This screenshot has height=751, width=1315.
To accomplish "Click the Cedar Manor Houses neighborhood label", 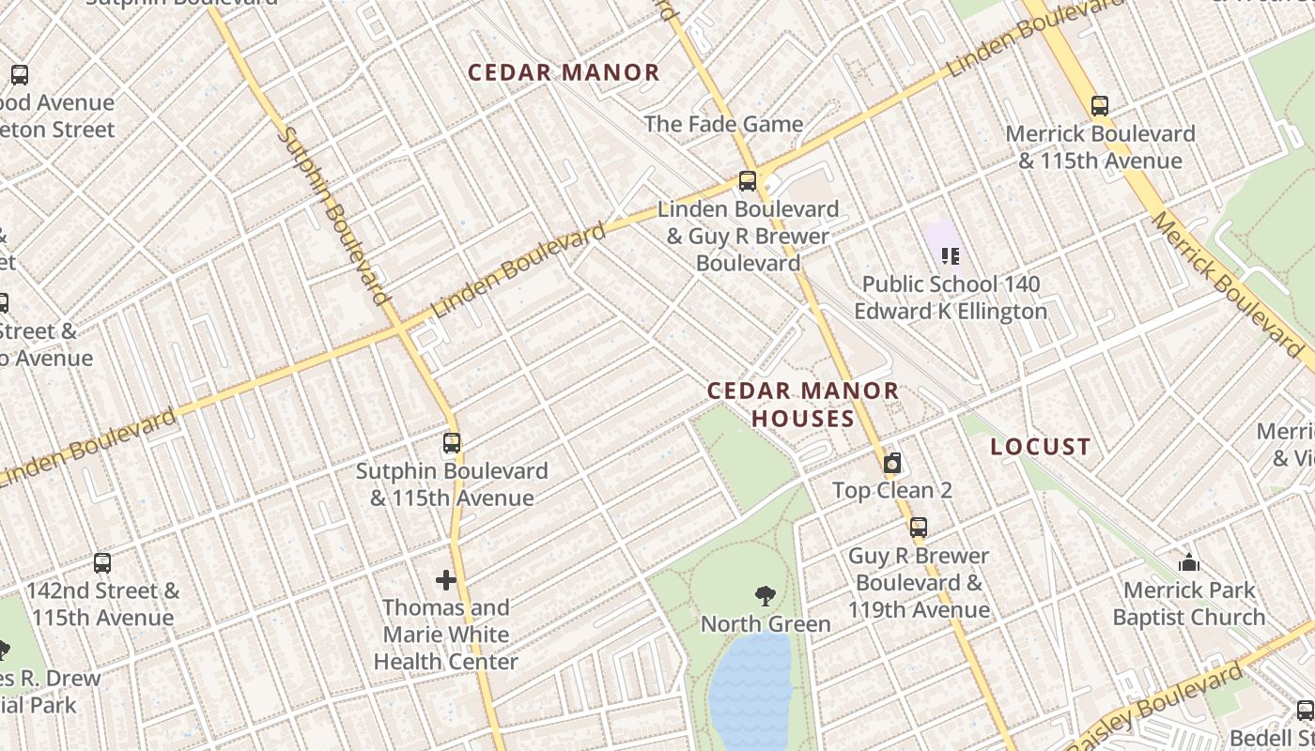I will [803, 405].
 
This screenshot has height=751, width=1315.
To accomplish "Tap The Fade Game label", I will [723, 124].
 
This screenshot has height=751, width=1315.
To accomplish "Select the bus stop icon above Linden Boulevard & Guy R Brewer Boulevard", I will [748, 181].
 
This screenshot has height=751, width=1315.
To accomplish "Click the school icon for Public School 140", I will [950, 255].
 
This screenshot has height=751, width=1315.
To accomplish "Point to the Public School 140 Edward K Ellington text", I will [951, 298].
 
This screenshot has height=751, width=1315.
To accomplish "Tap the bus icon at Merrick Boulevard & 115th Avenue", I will [1100, 106].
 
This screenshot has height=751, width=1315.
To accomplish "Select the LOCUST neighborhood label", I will [1041, 447].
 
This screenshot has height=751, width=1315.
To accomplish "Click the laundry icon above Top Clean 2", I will [892, 463].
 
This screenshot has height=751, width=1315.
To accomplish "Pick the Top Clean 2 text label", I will [892, 490].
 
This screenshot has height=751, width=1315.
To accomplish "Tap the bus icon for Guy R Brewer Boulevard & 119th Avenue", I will [919, 528].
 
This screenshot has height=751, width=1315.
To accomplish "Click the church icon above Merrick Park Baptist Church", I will [1189, 563].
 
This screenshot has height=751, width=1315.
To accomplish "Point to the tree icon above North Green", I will [766, 595].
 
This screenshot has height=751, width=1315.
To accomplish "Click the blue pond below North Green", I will [751, 690].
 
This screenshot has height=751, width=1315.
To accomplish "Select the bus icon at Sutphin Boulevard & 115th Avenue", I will [452, 442].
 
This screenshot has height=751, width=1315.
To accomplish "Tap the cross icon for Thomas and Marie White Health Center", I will [446, 580].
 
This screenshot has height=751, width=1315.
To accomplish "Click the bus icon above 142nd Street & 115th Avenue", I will [102, 563].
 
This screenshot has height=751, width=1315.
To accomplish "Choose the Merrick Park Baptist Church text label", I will [1189, 604].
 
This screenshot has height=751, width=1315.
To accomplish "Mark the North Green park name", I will [766, 624].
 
